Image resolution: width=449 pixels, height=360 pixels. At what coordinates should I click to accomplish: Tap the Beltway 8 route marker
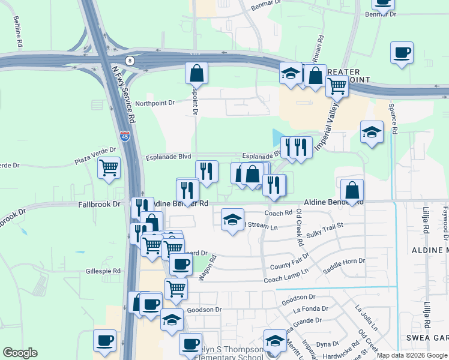click(x=130, y=61)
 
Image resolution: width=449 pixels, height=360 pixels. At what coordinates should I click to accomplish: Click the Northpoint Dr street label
click(x=155, y=103)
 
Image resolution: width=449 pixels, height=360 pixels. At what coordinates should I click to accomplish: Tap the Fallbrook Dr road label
click(x=99, y=205)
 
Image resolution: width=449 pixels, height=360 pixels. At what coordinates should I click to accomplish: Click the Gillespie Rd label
click(x=104, y=271)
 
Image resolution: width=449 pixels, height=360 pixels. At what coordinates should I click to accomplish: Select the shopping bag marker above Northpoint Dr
click(x=196, y=73)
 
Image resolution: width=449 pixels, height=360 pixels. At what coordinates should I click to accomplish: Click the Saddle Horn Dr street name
click(x=344, y=265)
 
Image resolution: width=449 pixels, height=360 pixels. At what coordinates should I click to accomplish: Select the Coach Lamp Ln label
click(x=286, y=275)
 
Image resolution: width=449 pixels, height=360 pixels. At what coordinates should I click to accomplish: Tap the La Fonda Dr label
click(x=311, y=310)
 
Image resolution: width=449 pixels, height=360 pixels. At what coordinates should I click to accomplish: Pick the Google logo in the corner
click(x=20, y=353)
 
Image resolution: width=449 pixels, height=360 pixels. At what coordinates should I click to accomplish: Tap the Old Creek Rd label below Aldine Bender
click(x=298, y=227)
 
